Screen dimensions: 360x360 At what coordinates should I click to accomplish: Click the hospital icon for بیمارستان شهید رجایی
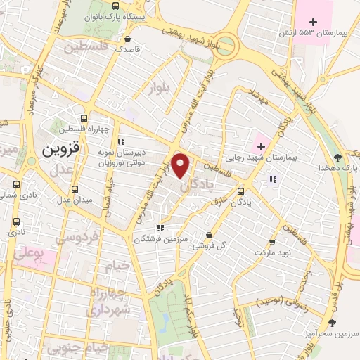tap(262, 146)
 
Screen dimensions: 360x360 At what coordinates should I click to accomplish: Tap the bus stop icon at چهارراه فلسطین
tap(84, 118)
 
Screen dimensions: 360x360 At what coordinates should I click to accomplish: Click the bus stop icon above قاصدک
tap(127, 39)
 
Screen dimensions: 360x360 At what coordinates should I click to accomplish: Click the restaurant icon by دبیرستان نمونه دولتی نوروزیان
tap(121, 141)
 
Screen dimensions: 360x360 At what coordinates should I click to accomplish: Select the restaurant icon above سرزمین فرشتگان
tap(160, 227)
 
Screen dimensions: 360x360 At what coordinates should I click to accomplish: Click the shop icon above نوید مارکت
tap(271, 239)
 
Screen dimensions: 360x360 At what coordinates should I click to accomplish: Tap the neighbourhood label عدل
tap(63, 170)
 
